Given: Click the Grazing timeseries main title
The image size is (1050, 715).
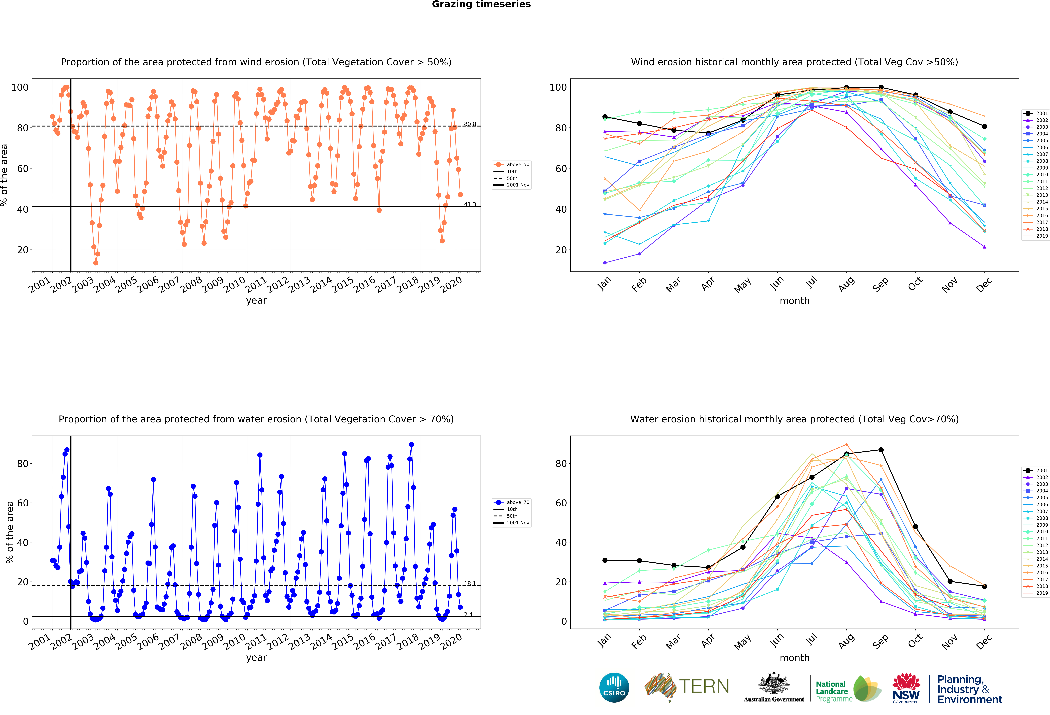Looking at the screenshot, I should point(481,4).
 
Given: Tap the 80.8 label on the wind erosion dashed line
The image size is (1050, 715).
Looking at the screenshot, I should point(470,124).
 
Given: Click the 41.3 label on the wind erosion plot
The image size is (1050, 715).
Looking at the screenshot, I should point(470,205).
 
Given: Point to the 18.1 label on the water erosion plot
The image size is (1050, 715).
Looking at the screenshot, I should point(470,584).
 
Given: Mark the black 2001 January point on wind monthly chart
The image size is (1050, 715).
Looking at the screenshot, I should point(605,117).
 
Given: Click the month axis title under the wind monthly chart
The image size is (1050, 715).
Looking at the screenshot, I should point(794,301).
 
